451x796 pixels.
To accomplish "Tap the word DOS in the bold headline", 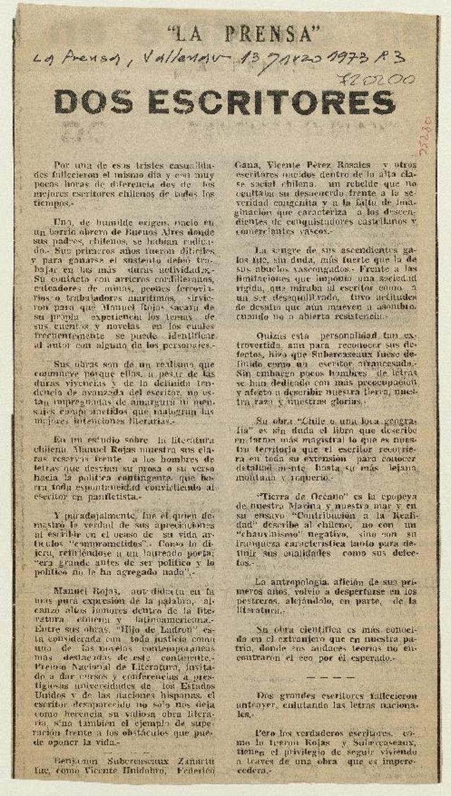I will pyautogui.click(x=91, y=103).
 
